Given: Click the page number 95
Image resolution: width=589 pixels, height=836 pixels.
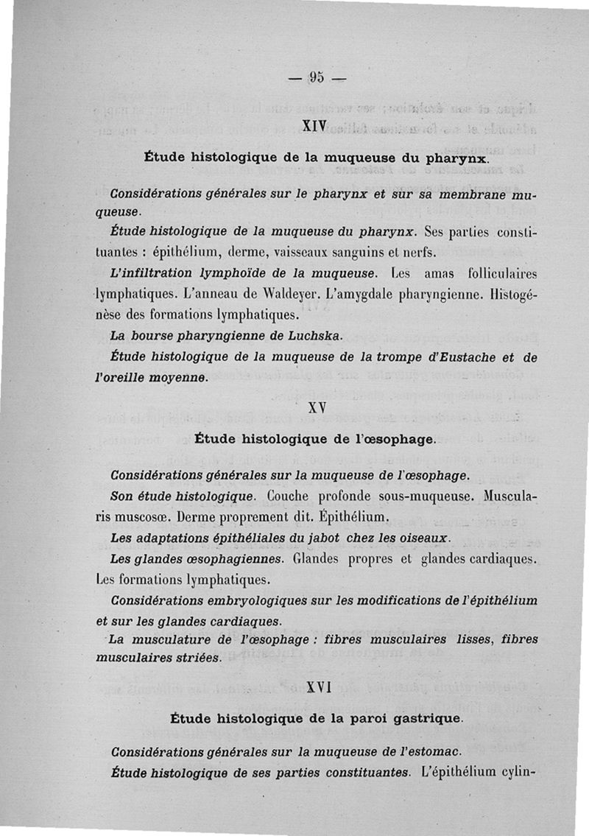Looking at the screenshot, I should [x=317, y=77].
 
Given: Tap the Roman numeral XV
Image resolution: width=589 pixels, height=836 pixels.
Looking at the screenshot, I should [x=317, y=407].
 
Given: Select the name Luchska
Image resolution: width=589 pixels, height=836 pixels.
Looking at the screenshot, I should [x=311, y=337].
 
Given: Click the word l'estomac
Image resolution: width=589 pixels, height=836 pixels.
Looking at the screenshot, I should [x=427, y=751].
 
